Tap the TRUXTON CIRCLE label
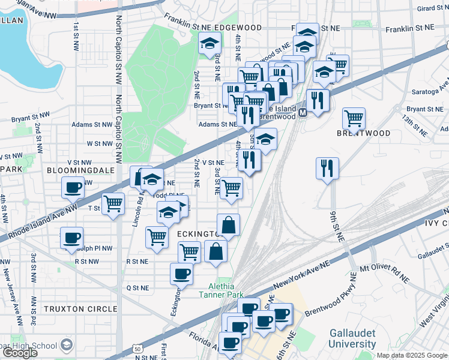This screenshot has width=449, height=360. [x=80, y=309]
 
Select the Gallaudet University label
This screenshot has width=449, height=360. [x=352, y=339]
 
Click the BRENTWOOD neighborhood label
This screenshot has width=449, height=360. [x=364, y=133]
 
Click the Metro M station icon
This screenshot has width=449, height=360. [x=303, y=112]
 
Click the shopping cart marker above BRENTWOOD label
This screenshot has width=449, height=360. [x=354, y=118]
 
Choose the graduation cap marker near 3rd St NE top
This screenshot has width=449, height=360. [x=209, y=44]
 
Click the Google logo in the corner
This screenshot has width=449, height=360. [x=20, y=353]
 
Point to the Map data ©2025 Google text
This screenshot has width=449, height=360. [x=412, y=355]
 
